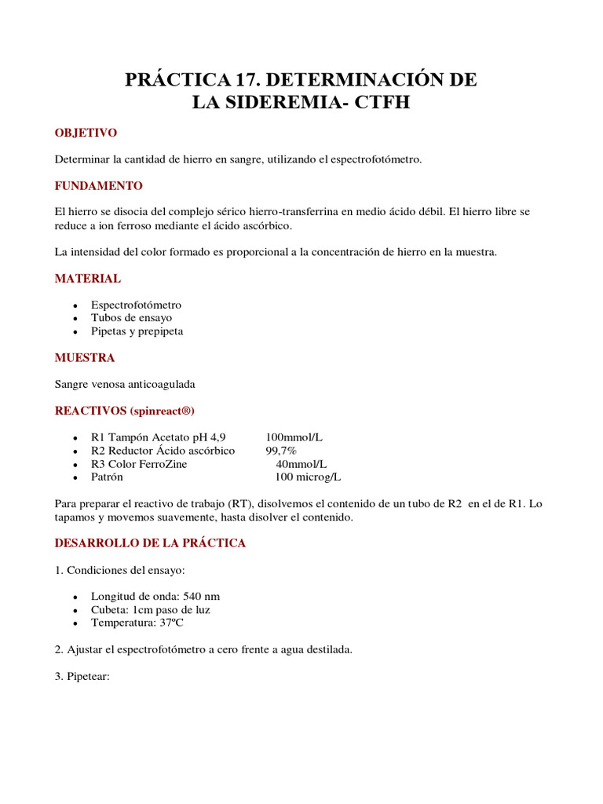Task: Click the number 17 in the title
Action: [245, 79]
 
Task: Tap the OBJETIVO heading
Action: [86, 133]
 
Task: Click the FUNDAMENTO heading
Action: [98, 186]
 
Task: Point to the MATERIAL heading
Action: [87, 278]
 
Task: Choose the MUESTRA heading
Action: [84, 357]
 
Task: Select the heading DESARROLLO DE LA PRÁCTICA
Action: [150, 543]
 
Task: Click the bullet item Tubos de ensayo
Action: [131, 318]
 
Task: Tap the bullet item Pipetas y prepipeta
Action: [137, 331]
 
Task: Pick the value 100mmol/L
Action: [294, 437]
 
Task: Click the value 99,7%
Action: [281, 451]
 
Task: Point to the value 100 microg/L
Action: [308, 477]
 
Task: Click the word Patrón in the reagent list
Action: [107, 477]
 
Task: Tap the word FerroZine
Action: [161, 464]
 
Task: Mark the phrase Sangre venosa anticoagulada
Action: [124, 384]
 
